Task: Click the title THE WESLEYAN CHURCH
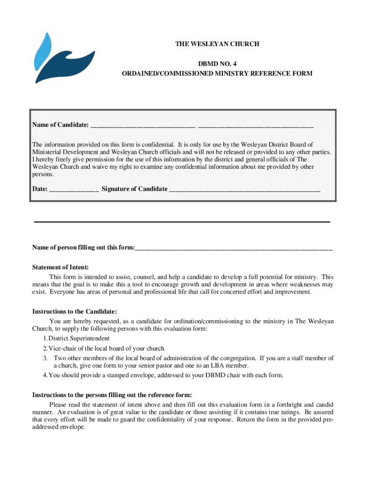(217, 44)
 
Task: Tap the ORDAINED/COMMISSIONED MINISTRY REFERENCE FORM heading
(217, 74)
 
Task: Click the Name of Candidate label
(60, 125)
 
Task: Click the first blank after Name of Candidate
(143, 126)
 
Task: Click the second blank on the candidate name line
(256, 126)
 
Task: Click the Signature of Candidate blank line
(245, 190)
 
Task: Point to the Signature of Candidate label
(135, 189)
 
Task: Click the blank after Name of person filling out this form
(233, 249)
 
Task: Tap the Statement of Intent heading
(60, 268)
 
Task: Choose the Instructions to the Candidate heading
(74, 312)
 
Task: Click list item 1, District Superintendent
(76, 339)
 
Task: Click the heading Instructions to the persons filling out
(112, 395)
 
